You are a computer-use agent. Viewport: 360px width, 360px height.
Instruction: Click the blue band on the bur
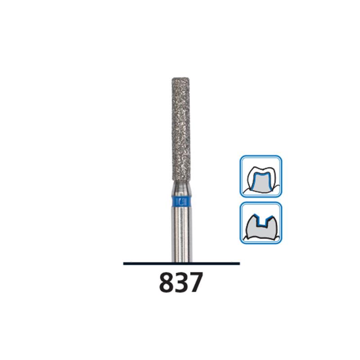[181, 201]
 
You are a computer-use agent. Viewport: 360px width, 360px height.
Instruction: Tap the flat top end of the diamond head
[181, 78]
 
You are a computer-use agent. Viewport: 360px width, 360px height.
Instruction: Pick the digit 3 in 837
[181, 283]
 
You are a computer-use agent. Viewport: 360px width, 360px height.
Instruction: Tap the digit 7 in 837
[196, 283]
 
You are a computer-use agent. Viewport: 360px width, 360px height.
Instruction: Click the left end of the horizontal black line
[124, 263]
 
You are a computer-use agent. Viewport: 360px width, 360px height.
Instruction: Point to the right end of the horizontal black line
[239, 263]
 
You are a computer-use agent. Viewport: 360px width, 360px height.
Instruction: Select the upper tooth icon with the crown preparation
[261, 176]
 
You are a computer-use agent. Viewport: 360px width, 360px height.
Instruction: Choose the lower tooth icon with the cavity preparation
[261, 223]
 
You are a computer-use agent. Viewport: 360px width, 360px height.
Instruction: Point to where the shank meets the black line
[181, 261]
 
